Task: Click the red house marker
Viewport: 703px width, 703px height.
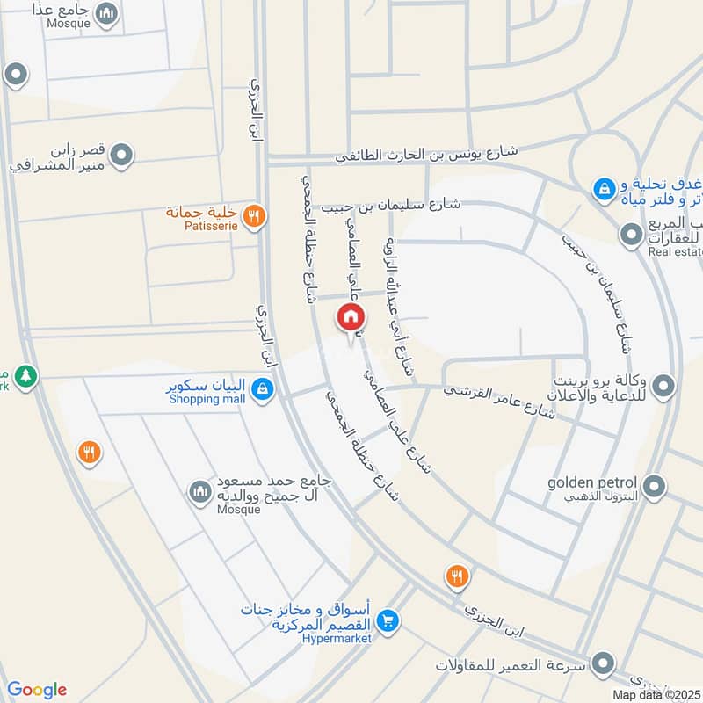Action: point(350,317)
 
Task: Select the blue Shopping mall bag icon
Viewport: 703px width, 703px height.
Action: point(261,388)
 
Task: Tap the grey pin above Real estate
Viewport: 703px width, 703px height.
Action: point(630,235)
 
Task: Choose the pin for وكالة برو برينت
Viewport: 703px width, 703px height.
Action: point(665,385)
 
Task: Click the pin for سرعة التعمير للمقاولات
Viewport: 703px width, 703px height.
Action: point(602,663)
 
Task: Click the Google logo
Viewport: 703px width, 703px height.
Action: point(37,690)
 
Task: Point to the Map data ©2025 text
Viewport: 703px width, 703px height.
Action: point(656,694)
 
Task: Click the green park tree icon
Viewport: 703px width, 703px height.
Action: point(26,375)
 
